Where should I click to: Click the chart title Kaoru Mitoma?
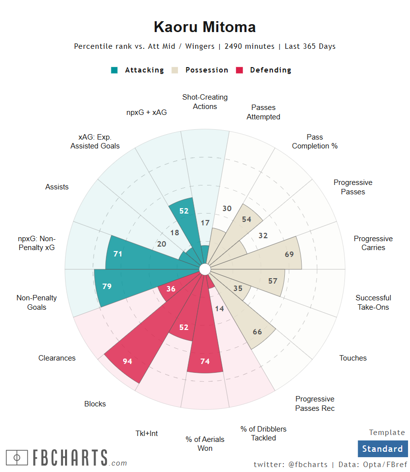point(205,27)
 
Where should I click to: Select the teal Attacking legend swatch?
point(114,70)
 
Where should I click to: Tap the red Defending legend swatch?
point(240,70)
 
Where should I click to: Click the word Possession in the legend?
point(206,70)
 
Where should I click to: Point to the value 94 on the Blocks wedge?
point(128,361)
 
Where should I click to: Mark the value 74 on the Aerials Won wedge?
point(205,361)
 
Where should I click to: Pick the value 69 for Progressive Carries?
point(290,254)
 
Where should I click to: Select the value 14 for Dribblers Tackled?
point(220,309)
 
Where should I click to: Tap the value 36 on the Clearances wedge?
point(171,289)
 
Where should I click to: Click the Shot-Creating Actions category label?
point(205,102)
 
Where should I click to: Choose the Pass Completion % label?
point(315,142)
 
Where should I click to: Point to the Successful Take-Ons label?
point(373,302)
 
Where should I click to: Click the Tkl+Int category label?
point(147,433)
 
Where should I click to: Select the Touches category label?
point(353,358)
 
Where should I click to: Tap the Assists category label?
point(57,187)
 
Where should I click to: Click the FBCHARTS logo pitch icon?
point(17,458)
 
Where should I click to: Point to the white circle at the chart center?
point(205,269)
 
